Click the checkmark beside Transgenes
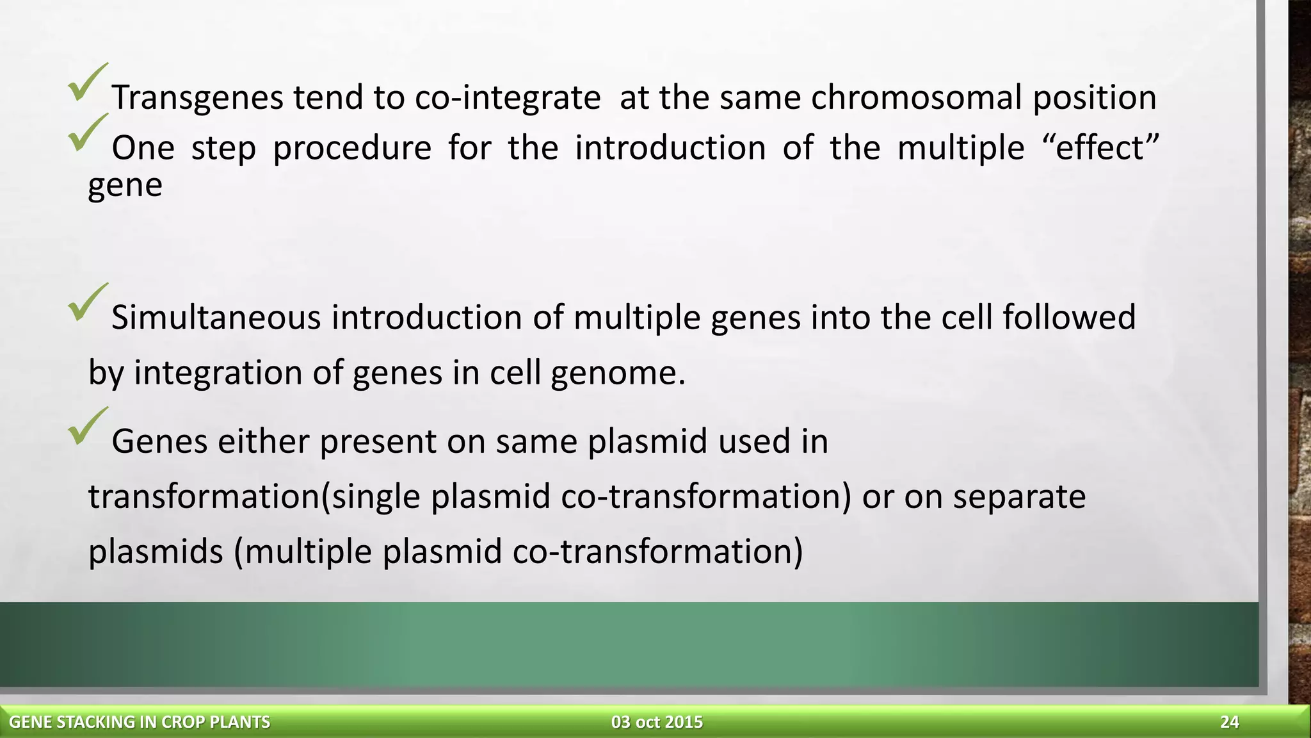pyautogui.click(x=88, y=83)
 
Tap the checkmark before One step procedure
pyautogui.click(x=88, y=134)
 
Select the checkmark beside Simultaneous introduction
pyautogui.click(x=88, y=303)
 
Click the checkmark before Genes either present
pyautogui.click(x=88, y=427)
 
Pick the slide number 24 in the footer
pyautogui.click(x=1229, y=723)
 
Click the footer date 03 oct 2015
pyautogui.click(x=657, y=723)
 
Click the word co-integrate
pyautogui.click(x=508, y=98)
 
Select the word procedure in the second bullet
pyautogui.click(x=352, y=148)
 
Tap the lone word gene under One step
pyautogui.click(x=125, y=186)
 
